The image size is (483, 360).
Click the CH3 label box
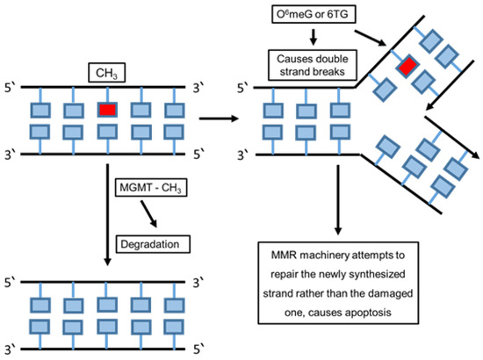pyautogui.click(x=107, y=69)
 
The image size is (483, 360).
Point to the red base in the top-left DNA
pyautogui.click(x=107, y=111)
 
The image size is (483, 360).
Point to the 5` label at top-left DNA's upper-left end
pyautogui.click(x=12, y=88)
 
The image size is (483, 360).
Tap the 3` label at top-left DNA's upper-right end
pyautogui.click(x=201, y=88)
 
